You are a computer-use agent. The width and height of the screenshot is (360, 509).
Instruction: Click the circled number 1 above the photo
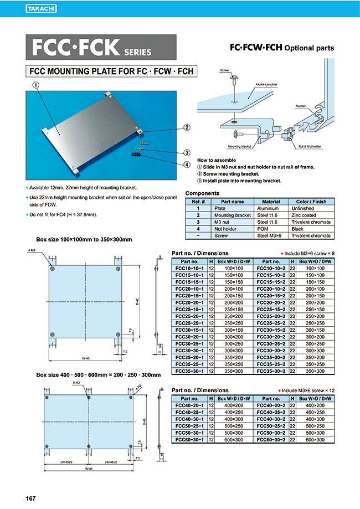coord(35,85)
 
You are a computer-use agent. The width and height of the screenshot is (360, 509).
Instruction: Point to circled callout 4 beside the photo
coord(187,164)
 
